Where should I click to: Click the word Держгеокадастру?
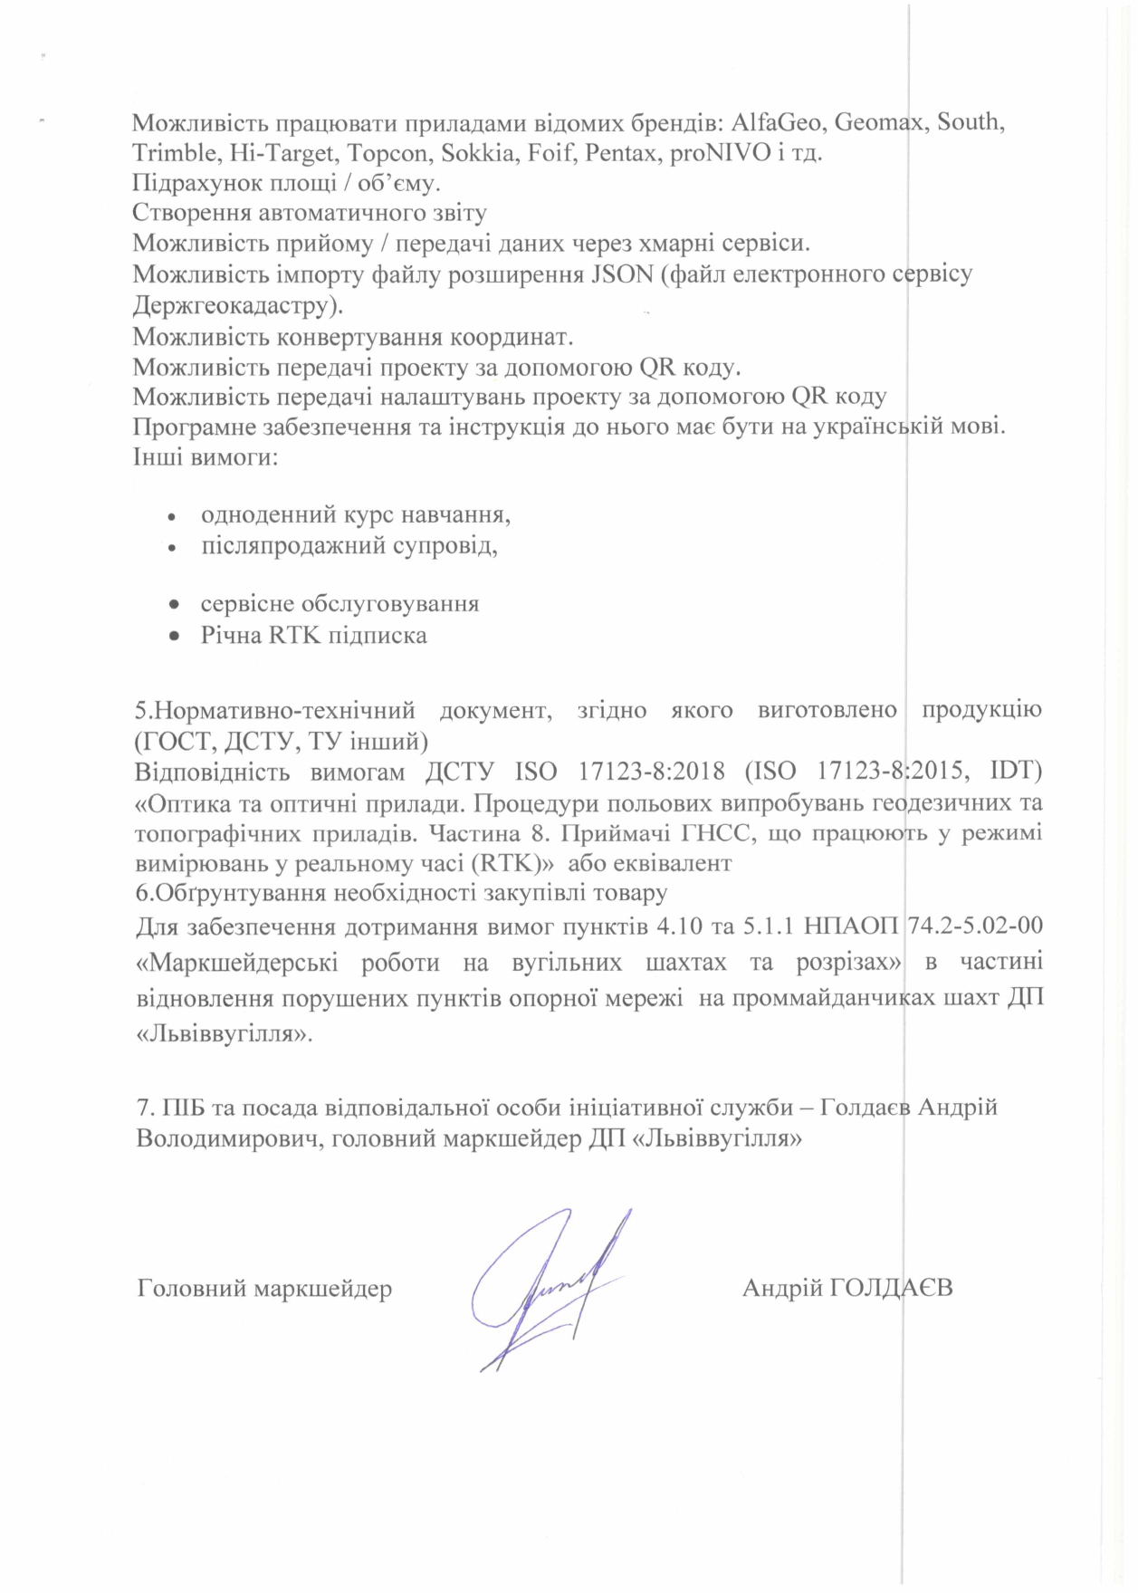point(237,305)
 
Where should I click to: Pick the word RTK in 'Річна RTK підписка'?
point(294,635)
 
